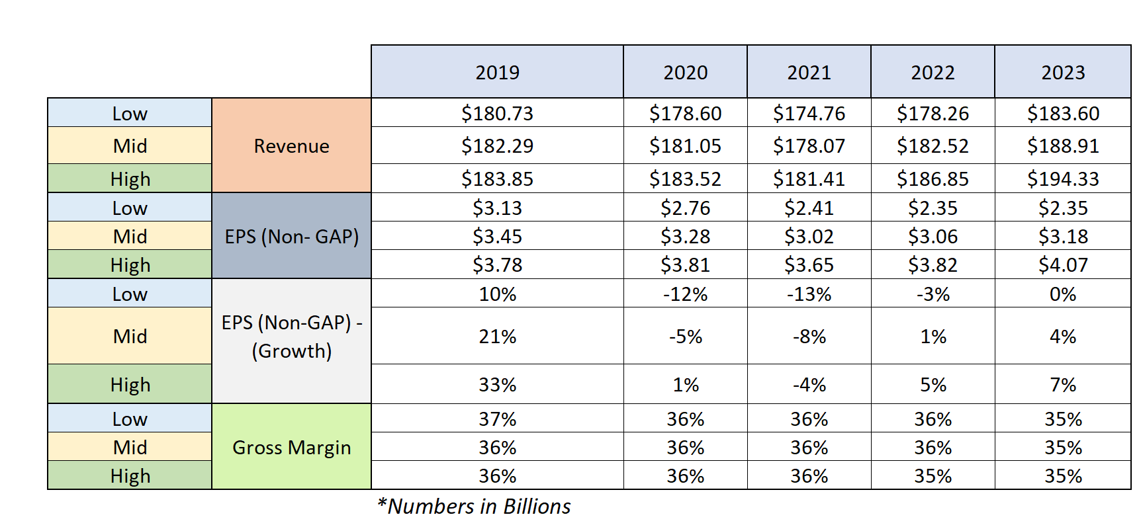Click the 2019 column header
click(x=497, y=72)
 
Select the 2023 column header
click(x=1062, y=72)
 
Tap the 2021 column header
click(x=809, y=72)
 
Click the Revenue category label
click(x=291, y=146)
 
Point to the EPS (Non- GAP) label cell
click(x=291, y=236)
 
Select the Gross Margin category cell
click(x=291, y=448)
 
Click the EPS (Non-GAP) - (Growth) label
click(x=291, y=337)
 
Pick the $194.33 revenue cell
click(x=1062, y=179)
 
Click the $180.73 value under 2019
click(x=497, y=114)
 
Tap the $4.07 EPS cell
click(x=1062, y=265)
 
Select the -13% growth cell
click(x=809, y=294)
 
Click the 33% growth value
click(x=497, y=385)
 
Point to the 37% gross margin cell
click(x=497, y=419)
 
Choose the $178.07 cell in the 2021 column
click(x=809, y=146)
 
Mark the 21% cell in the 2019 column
click(x=497, y=337)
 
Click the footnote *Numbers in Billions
click(x=474, y=506)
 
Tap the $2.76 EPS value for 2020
click(x=685, y=208)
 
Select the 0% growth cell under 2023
click(x=1062, y=294)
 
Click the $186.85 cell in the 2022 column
click(x=933, y=179)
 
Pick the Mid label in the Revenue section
click(x=130, y=146)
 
